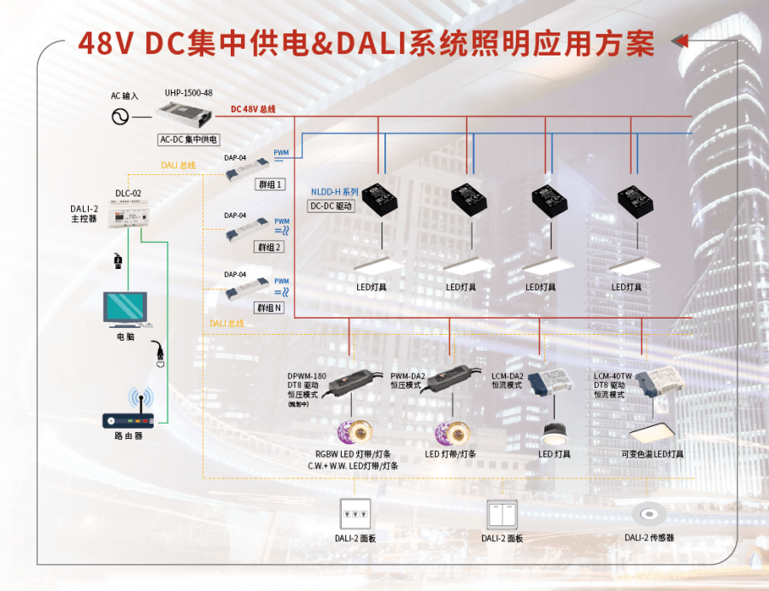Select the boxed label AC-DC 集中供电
coord(189,139)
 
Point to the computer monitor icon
coord(125,309)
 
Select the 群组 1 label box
coord(270,184)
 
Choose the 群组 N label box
coord(270,307)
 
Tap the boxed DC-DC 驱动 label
coord(332,206)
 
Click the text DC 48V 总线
coord(253,109)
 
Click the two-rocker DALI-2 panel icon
coord(502,514)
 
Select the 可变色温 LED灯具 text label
coord(652,454)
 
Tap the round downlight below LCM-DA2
coord(556,430)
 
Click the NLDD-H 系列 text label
coord(335,191)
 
